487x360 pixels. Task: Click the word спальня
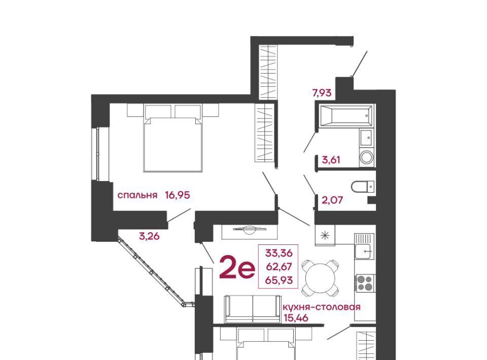(x=137, y=196)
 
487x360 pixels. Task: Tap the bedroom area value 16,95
(x=178, y=195)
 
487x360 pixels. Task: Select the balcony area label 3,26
(x=149, y=236)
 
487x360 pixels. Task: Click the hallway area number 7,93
(x=322, y=93)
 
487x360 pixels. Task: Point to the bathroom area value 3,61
(x=331, y=160)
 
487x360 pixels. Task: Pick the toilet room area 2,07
(x=332, y=200)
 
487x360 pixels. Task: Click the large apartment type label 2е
(x=237, y=267)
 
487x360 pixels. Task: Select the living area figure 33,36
(x=279, y=253)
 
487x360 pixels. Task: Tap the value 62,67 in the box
(x=279, y=267)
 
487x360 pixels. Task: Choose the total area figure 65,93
(x=279, y=280)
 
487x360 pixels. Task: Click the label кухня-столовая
(x=322, y=307)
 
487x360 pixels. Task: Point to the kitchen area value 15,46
(x=296, y=318)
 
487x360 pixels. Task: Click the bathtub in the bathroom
(x=345, y=117)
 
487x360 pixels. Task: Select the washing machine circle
(x=367, y=157)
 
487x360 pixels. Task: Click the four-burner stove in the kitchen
(x=365, y=283)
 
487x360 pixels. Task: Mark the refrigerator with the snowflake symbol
(x=325, y=235)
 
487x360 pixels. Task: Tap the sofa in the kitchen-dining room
(x=253, y=309)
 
